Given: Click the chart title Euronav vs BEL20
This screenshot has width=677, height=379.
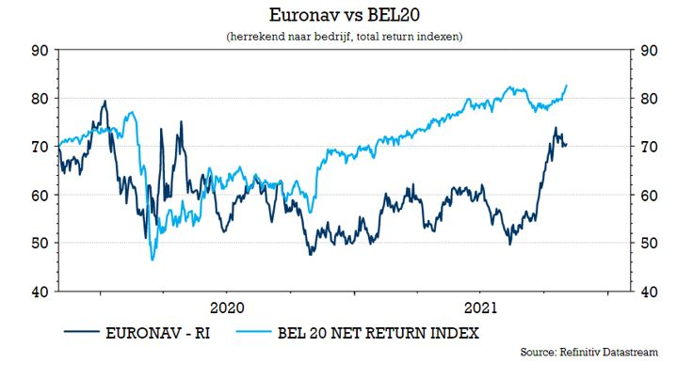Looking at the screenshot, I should point(337,15).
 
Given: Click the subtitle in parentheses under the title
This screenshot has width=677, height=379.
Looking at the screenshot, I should point(337,35).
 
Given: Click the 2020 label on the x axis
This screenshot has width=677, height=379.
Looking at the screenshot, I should point(227,308).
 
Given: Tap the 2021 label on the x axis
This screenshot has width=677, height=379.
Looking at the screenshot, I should point(482,308).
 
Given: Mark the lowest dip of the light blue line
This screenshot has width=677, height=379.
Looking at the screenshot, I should point(152,260).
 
